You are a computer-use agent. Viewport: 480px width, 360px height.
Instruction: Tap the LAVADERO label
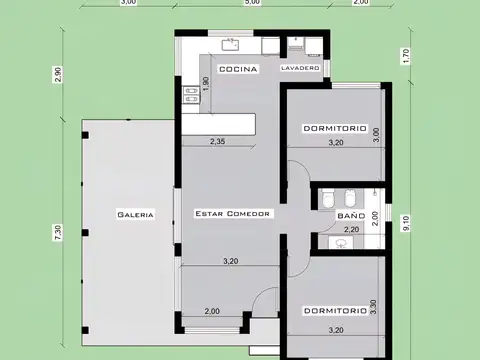300,68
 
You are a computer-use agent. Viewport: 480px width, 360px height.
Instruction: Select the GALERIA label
134,214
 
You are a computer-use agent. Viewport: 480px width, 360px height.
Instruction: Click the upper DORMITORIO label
334,129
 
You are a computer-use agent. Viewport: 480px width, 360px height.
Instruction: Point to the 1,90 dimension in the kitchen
207,86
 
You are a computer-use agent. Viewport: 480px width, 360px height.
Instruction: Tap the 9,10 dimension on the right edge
405,225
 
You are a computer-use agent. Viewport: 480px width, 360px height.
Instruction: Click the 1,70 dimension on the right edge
405,57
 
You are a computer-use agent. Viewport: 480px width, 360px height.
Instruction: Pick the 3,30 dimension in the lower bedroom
373,308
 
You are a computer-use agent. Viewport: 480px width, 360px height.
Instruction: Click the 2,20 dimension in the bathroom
350,230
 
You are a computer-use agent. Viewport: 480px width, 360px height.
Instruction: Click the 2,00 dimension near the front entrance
212,311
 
